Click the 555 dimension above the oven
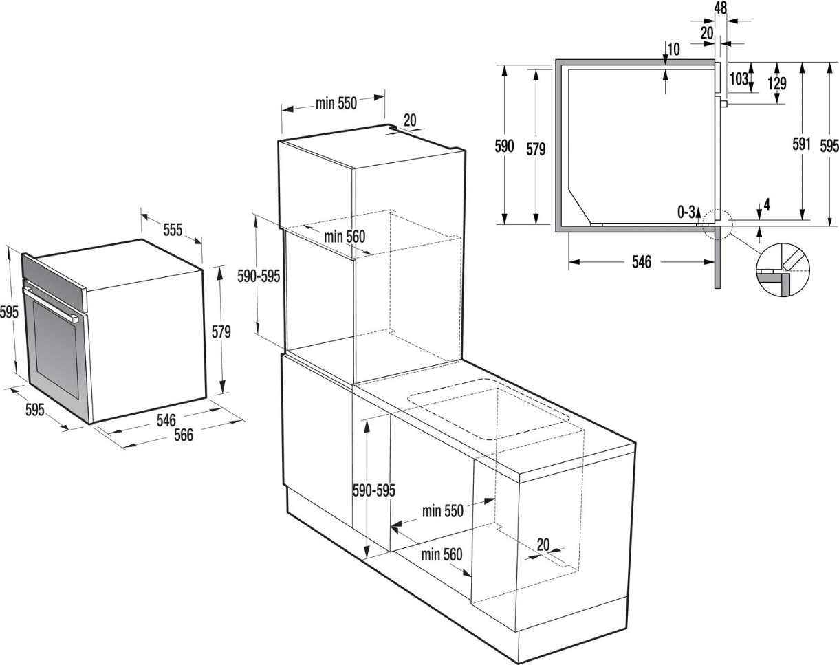click(x=173, y=230)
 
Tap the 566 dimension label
click(x=183, y=435)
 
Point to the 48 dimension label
click(x=721, y=8)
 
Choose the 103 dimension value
click(x=739, y=78)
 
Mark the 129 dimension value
click(x=777, y=83)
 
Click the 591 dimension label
click(x=802, y=144)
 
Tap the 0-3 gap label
click(x=686, y=212)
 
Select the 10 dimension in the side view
click(x=673, y=50)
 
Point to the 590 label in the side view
click(x=504, y=146)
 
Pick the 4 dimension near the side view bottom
click(x=767, y=205)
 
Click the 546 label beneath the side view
click(x=642, y=262)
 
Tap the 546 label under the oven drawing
click(x=166, y=420)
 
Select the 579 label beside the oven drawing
click(x=221, y=331)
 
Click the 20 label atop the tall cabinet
click(x=410, y=120)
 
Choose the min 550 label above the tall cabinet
click(x=336, y=103)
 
